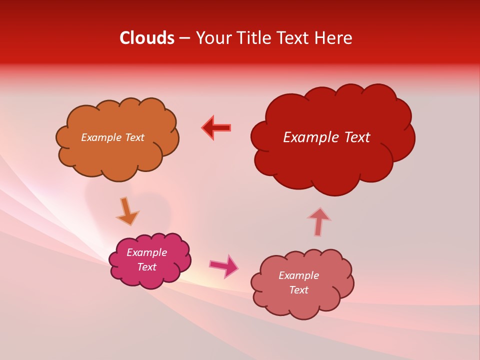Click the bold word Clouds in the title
(147, 38)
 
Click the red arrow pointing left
(217, 128)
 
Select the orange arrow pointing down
(127, 211)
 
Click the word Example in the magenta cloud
(146, 252)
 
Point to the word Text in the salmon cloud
(298, 290)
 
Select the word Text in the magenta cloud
(146, 267)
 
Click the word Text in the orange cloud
(134, 137)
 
